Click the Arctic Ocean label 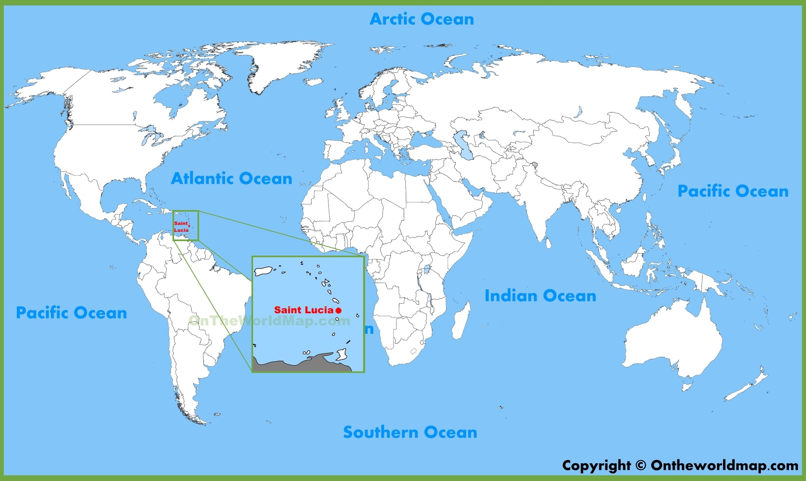(x=422, y=19)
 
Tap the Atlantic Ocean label (x=231, y=178)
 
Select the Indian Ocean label (x=540, y=296)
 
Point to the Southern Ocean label (x=410, y=432)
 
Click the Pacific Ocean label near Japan (x=733, y=191)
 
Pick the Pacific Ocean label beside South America (x=71, y=312)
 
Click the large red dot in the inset (x=339, y=310)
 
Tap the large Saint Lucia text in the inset (x=303, y=310)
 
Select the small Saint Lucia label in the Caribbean (x=181, y=227)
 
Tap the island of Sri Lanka (x=548, y=243)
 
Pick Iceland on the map (x=313, y=82)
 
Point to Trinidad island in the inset (x=342, y=354)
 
